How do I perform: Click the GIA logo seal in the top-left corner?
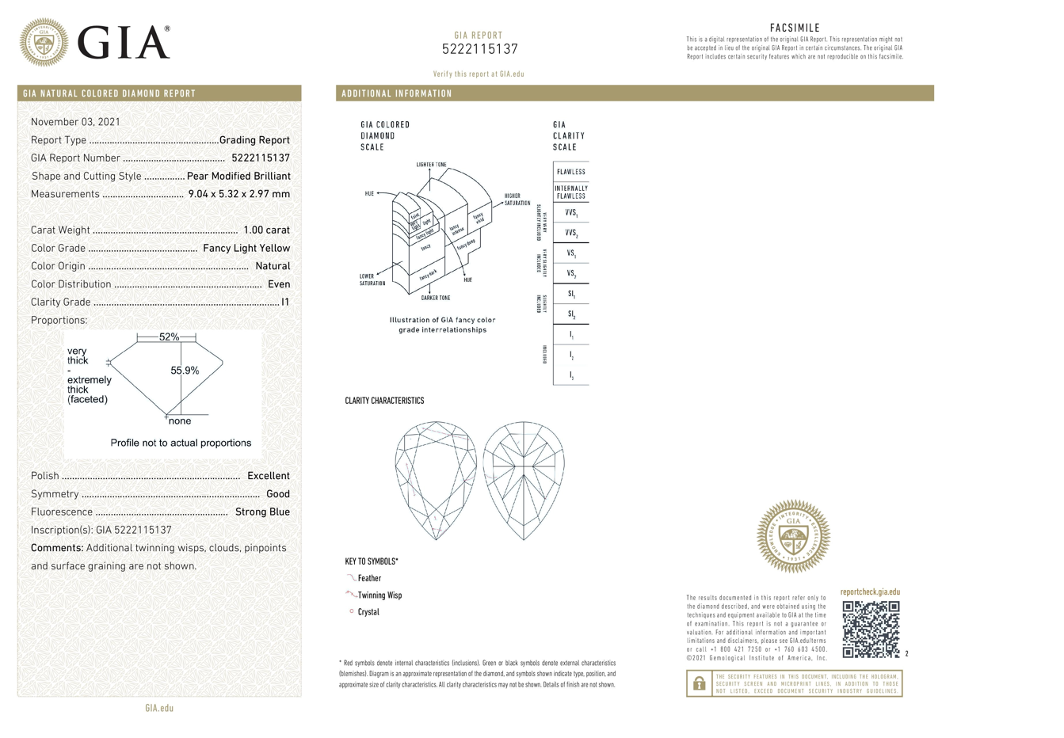pos(44,43)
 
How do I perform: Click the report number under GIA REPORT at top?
pos(479,49)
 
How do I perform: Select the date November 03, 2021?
pos(75,122)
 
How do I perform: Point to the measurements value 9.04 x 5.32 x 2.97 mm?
pos(238,194)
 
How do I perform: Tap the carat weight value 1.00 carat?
pos(266,230)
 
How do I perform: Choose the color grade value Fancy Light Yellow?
pos(246,248)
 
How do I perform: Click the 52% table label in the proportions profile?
pos(169,337)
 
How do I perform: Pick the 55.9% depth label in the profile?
pos(185,371)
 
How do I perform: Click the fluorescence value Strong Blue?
pos(262,512)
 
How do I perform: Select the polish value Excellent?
pos(268,476)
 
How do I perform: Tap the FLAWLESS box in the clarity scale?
pos(570,172)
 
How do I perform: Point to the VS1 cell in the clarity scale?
pos(570,253)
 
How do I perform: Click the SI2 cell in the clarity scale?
pos(570,314)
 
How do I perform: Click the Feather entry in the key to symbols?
pos(369,578)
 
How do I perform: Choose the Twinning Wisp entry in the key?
pos(379,595)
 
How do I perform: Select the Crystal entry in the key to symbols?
pos(368,612)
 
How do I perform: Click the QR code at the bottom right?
pos(871,630)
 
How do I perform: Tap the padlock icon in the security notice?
pos(699,683)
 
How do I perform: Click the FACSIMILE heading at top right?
pos(795,28)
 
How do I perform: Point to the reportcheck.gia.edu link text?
pos(870,592)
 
